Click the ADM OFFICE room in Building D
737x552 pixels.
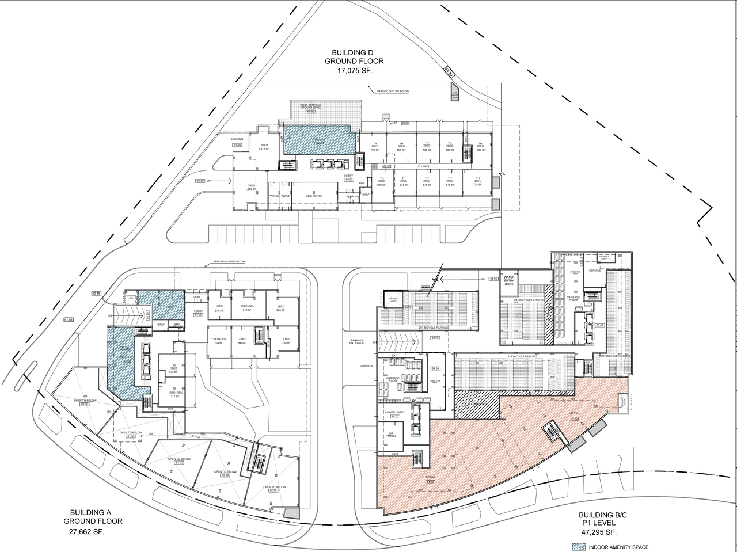(313, 196)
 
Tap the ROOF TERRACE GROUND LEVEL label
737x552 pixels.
(311, 106)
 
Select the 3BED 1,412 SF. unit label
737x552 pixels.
(264, 147)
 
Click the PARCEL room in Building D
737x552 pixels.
(274, 196)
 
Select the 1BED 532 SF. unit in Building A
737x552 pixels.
(173, 370)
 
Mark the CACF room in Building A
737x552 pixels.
(162, 325)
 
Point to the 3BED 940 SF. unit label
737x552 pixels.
(281, 308)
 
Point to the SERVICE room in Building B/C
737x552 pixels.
(595, 271)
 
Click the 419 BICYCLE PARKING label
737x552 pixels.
(522, 357)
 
